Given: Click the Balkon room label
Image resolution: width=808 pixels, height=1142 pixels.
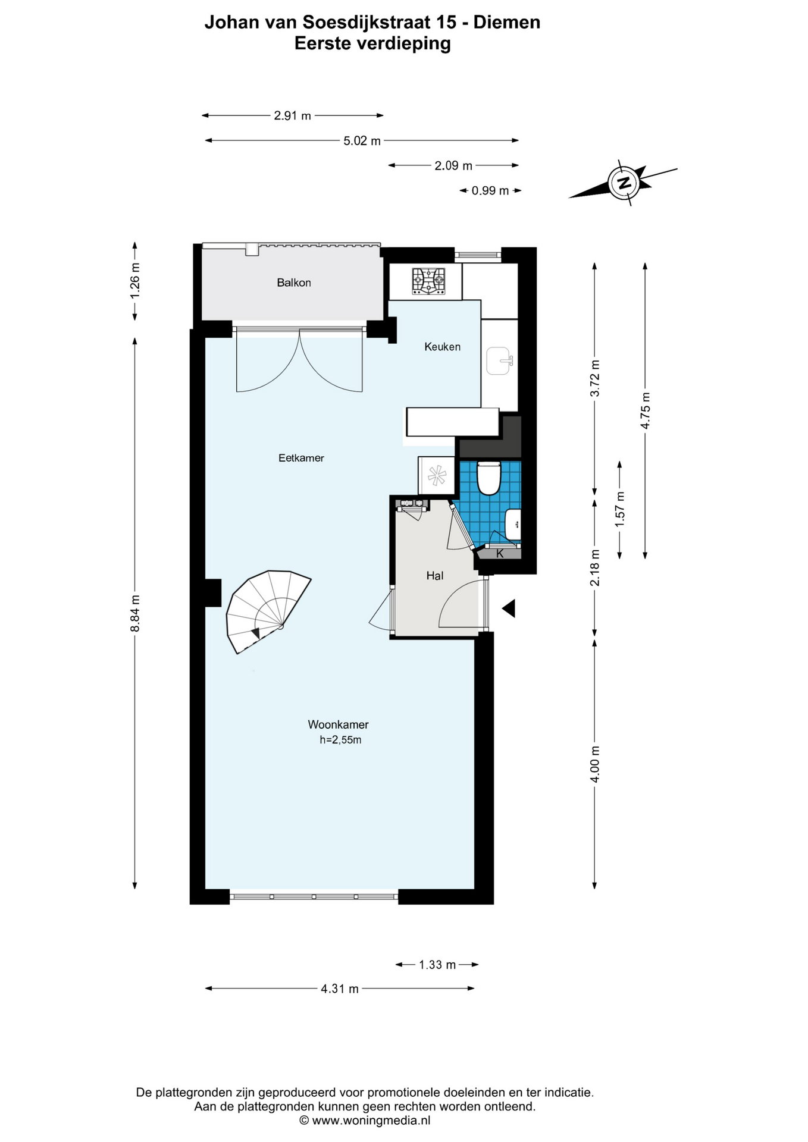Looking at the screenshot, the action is tap(294, 283).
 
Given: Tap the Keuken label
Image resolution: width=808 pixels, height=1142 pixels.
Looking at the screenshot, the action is tap(442, 346).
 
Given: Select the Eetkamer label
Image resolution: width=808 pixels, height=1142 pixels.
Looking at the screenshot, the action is tap(301, 458).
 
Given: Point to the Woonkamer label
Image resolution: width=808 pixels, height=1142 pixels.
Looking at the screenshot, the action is tap(338, 724).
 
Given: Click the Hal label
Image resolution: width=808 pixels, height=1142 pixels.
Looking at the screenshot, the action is tap(435, 576).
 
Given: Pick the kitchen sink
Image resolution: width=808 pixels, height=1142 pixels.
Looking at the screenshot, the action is tap(499, 362).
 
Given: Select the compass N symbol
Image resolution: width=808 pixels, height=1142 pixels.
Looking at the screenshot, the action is tap(624, 183).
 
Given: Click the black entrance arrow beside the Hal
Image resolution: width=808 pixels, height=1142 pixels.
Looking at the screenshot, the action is tap(508, 608).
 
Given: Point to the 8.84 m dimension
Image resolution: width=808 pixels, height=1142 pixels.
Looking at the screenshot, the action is tap(136, 613).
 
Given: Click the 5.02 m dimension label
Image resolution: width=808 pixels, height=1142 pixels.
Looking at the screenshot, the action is tap(362, 141).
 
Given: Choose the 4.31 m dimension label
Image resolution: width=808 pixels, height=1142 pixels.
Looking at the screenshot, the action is tap(340, 989).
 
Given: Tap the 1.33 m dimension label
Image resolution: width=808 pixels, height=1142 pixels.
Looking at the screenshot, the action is tap(437, 965).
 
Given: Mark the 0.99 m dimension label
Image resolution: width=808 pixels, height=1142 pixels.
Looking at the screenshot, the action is tap(490, 191).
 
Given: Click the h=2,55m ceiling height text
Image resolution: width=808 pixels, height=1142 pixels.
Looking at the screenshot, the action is tap(340, 740).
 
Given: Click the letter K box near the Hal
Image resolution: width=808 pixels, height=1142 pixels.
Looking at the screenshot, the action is tap(500, 554).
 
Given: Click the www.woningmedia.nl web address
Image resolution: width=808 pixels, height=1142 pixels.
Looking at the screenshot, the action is tap(371, 1121).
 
